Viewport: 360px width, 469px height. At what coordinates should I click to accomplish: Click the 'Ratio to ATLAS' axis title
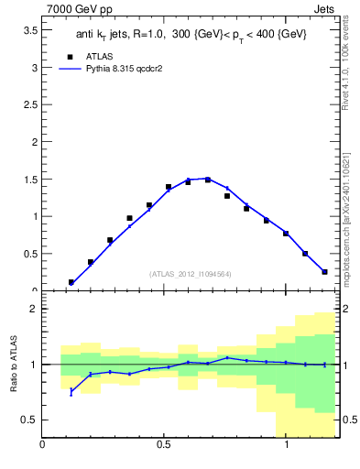click(x=13, y=365)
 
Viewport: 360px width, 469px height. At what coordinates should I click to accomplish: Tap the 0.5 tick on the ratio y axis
click(x=28, y=420)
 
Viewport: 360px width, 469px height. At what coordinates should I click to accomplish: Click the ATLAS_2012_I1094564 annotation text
click(x=190, y=273)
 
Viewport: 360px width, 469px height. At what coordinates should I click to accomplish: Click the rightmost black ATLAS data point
click(x=324, y=271)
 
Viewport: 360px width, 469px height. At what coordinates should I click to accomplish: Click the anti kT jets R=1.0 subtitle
click(x=190, y=34)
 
